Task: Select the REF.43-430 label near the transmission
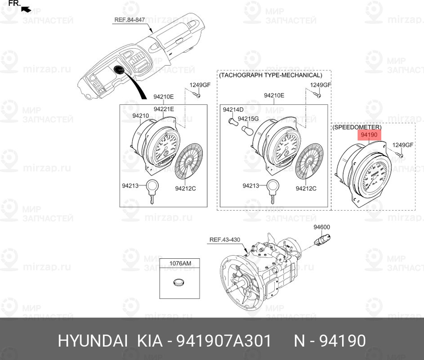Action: tap(224, 240)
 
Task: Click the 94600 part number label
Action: tap(321, 227)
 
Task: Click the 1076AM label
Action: tap(180, 263)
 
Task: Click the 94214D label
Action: tap(233, 109)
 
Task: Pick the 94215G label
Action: tap(248, 119)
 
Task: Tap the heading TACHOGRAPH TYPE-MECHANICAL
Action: tap(270, 75)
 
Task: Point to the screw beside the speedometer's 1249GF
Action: tap(399, 155)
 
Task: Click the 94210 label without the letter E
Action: tap(140, 116)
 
